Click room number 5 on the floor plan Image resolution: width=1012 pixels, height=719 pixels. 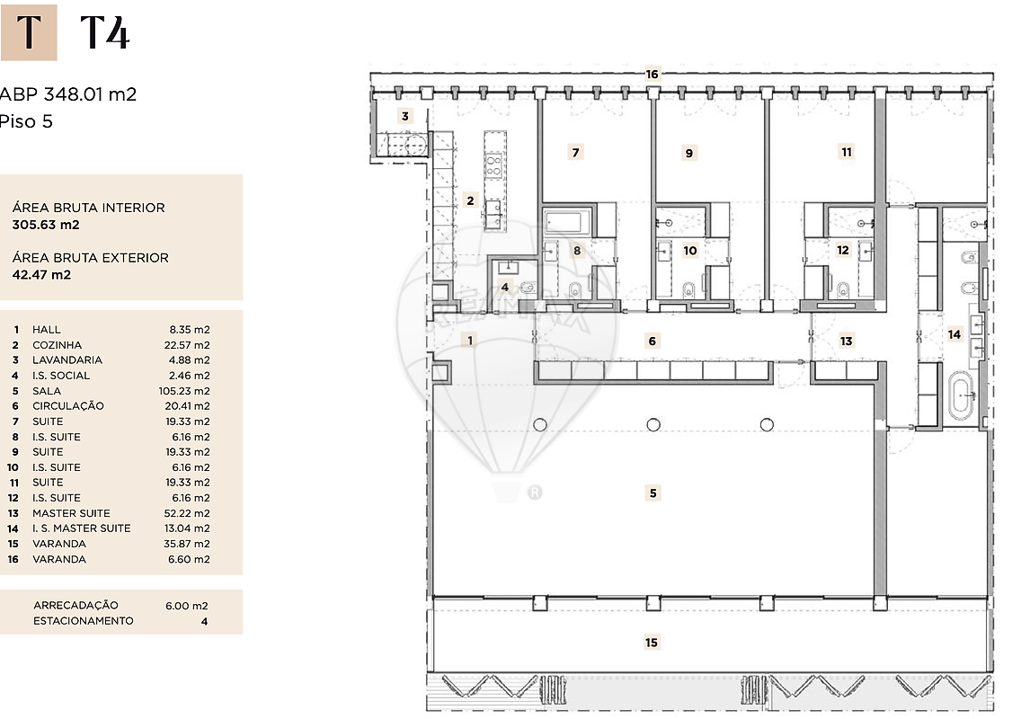(652, 493)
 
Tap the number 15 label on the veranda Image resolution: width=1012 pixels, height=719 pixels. (652, 643)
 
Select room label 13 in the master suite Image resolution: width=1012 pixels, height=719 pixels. (846, 341)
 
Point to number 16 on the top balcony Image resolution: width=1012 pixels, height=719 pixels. (652, 75)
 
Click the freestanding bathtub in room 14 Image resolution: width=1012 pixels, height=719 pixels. (963, 397)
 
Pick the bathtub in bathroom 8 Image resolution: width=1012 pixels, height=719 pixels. (567, 222)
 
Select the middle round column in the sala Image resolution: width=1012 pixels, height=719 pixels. (653, 425)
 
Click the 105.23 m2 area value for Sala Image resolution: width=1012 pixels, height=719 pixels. (184, 391)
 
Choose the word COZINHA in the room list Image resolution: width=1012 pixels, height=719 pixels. (57, 345)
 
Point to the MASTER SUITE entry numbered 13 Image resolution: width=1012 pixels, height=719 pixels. (71, 513)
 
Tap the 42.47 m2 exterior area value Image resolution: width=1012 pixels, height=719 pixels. (41, 274)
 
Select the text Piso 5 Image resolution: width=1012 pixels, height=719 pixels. (26, 121)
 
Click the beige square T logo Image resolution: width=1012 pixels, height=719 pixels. (29, 32)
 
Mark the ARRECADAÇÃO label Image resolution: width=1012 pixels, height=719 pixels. (75, 606)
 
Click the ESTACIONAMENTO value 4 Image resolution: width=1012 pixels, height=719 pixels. (204, 622)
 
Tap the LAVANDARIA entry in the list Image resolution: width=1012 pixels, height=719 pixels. (67, 360)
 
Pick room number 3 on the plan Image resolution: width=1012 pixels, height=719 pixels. (404, 116)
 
